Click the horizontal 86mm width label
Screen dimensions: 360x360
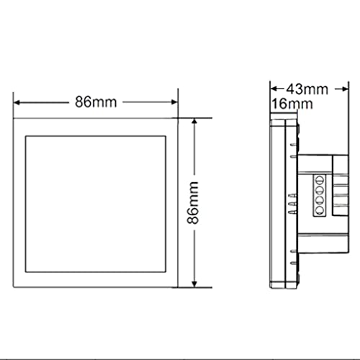tap(96, 102)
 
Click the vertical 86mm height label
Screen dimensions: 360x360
tap(193, 203)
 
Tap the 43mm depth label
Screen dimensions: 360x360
tap(307, 89)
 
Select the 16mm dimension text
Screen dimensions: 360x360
tap(292, 104)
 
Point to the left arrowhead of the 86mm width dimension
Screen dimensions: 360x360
tap(17, 103)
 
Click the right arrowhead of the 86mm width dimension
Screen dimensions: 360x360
tap(174, 102)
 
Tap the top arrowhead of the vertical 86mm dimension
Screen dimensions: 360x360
tap(194, 121)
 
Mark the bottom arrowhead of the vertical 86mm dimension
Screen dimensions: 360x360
tap(194, 284)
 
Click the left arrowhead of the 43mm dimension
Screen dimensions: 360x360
tap(274, 89)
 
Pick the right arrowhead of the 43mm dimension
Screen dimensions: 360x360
tap(345, 89)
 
